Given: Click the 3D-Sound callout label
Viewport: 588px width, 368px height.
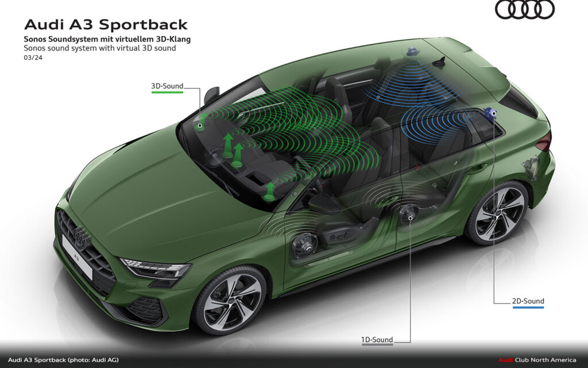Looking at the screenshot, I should tap(167, 87).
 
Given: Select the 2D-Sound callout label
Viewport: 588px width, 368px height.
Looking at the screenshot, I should tap(528, 301).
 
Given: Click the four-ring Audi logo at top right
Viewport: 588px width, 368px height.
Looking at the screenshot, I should tap(524, 9).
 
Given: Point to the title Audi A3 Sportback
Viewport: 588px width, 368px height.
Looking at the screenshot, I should tap(106, 25).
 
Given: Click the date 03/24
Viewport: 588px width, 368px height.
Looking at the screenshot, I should tap(33, 57).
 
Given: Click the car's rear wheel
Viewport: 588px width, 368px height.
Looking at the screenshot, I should tap(497, 212).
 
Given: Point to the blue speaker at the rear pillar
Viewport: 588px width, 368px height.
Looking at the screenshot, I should tap(491, 113).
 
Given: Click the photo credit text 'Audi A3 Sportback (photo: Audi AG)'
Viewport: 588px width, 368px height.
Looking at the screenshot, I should tap(63, 360).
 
